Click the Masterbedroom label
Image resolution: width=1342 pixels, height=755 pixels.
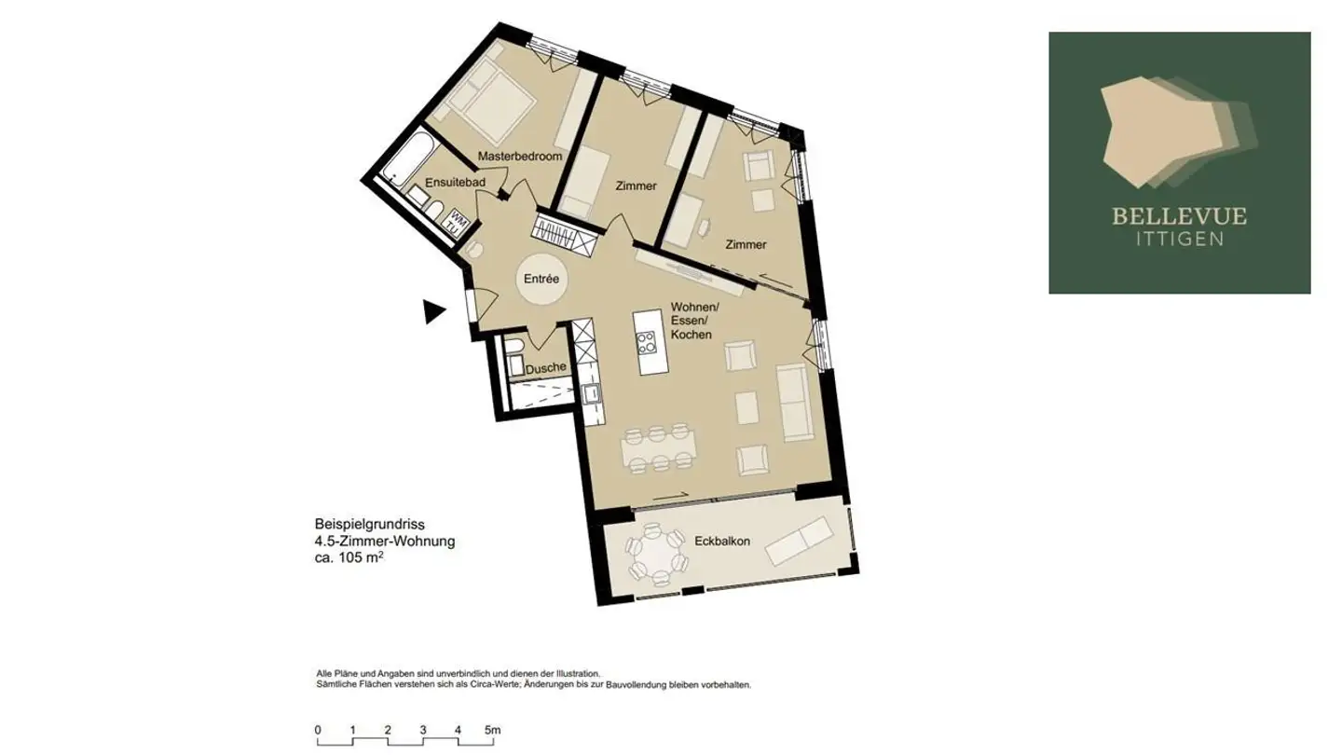[x=520, y=157]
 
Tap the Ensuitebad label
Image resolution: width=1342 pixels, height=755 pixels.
[x=455, y=183]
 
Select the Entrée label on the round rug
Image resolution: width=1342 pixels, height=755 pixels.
[x=541, y=279]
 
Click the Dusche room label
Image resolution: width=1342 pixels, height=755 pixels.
[x=545, y=368]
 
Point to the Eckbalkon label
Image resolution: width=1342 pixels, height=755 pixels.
[x=722, y=541]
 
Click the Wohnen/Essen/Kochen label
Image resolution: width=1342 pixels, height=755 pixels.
[x=694, y=322]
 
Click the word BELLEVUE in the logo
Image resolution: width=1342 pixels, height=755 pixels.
[x=1179, y=217]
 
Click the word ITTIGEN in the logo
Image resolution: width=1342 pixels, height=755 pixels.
[x=1179, y=239]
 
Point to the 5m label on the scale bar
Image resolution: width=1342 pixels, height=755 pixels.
[x=492, y=729]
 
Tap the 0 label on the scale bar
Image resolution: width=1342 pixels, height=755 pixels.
[x=318, y=729]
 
